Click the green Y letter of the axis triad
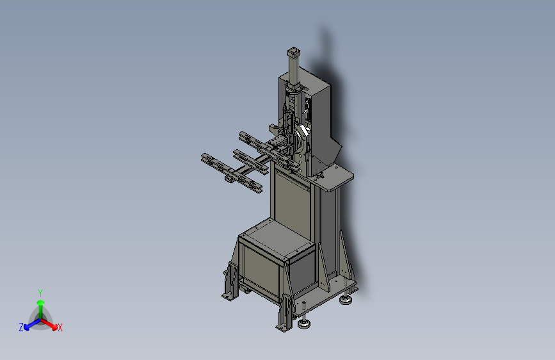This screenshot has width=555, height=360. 40,293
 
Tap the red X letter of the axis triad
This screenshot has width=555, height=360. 60,327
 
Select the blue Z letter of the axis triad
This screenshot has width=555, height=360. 21,327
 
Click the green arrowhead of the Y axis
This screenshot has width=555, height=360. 41,302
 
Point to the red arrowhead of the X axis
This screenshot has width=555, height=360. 54,327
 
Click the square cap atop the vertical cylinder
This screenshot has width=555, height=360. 293,52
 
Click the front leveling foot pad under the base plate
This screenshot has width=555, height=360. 303,323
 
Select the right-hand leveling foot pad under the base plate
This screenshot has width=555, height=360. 346,300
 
